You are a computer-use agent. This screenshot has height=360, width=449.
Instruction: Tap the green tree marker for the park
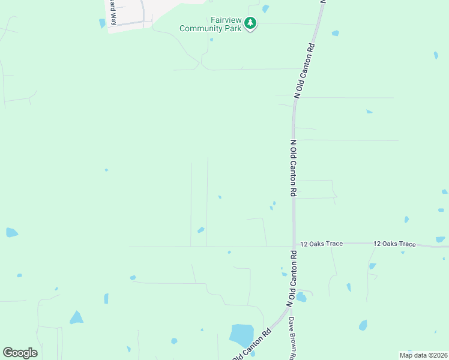tap(250, 24)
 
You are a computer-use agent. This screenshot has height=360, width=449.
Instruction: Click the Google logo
tap(20, 353)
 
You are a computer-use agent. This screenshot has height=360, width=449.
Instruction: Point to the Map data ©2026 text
tap(423, 355)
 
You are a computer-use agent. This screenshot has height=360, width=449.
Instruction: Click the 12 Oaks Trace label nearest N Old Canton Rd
tap(322, 244)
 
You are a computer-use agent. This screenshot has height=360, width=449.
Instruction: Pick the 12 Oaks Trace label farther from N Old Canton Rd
tap(394, 244)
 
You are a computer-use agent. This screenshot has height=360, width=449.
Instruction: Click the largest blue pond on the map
tap(241, 334)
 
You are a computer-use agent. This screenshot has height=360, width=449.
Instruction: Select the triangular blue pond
tap(76, 317)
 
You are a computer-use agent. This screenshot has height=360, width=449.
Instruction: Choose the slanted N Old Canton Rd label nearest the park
tap(305, 70)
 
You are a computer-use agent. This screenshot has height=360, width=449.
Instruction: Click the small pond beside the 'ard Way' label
tap(102, 23)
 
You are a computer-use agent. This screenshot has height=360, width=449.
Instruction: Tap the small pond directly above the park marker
tap(265, 8)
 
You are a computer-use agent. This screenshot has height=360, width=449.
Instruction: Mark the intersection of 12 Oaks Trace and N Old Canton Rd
tap(294, 244)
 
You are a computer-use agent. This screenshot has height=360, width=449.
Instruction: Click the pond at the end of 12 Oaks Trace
tap(441, 239)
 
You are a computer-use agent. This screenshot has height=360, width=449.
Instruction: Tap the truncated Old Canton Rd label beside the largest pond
tap(251, 346)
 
